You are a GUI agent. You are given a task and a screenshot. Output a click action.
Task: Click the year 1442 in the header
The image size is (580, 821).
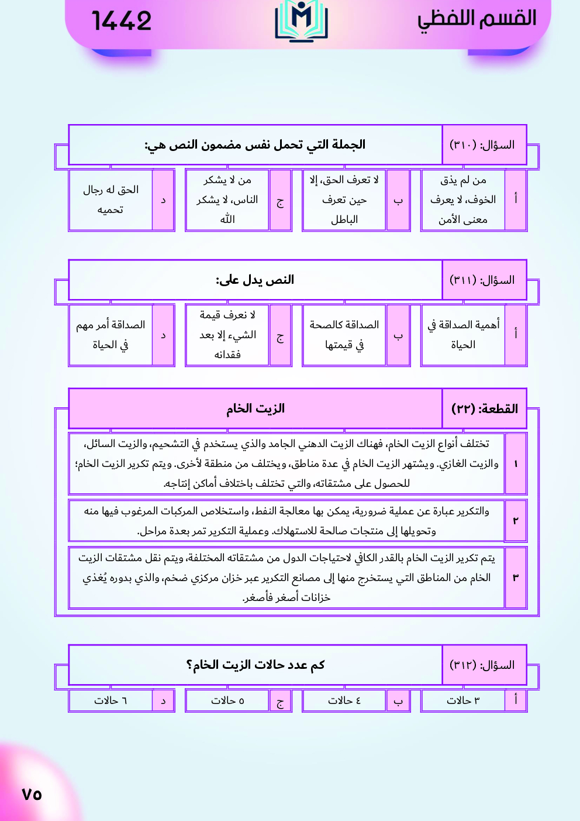click(122, 21)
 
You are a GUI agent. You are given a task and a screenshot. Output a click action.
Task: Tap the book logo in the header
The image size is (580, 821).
click(301, 20)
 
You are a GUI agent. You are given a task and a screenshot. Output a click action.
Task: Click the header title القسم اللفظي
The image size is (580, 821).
click(477, 19)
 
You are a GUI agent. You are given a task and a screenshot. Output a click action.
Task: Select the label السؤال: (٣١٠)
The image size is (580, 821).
click(482, 145)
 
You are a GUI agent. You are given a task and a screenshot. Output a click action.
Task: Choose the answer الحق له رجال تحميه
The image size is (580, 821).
click(111, 200)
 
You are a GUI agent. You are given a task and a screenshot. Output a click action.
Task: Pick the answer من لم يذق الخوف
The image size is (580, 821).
click(462, 200)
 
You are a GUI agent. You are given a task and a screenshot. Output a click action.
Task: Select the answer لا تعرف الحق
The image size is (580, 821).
click(344, 200)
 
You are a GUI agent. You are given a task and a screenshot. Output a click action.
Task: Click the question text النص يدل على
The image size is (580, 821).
click(255, 280)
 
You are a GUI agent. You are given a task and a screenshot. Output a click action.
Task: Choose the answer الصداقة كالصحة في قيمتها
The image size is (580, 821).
click(344, 335)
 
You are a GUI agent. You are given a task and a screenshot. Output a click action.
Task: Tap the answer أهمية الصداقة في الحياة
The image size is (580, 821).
click(462, 335)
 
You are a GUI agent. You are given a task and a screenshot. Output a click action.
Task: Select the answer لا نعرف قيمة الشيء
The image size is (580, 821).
click(227, 335)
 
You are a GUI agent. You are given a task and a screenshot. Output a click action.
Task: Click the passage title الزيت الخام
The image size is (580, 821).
click(256, 408)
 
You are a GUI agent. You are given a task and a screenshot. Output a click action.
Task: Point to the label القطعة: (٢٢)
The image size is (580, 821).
click(485, 408)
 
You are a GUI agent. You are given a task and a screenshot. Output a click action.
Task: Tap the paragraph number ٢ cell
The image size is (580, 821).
click(516, 520)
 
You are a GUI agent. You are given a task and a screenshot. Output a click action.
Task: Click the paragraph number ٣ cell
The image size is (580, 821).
click(516, 578)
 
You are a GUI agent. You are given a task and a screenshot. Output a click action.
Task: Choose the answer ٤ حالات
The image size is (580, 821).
click(344, 700)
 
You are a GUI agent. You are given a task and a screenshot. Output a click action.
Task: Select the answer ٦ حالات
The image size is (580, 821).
click(111, 700)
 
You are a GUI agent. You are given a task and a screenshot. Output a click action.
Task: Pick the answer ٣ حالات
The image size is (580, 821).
click(462, 700)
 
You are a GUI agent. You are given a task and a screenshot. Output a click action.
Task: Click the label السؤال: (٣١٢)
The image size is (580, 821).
click(482, 665)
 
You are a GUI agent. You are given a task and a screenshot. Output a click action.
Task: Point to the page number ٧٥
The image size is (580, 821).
click(32, 794)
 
